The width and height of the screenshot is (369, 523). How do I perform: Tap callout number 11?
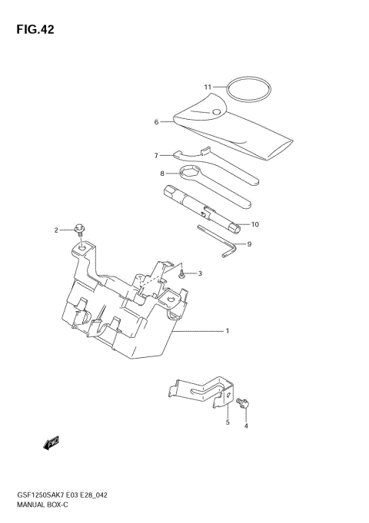[208, 87]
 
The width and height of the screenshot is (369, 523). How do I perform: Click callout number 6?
[156, 121]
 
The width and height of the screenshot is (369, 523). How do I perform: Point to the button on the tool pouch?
[216, 113]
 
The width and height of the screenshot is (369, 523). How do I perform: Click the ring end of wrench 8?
[191, 173]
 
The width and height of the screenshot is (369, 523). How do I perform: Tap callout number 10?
[255, 225]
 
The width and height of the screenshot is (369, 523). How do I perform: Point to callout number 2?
[56, 230]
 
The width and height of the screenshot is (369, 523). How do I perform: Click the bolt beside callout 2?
[79, 228]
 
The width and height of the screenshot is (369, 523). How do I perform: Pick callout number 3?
[199, 273]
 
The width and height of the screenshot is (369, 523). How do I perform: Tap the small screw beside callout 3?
[182, 272]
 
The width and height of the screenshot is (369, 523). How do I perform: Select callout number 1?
[227, 331]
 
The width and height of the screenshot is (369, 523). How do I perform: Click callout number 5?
[228, 422]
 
